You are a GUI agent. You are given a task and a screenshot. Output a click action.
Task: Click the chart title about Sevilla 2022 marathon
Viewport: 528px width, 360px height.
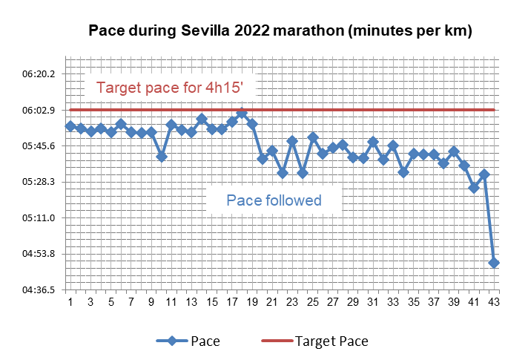point(280,32)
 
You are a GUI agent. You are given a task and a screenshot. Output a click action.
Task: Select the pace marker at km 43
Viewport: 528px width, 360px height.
point(494,263)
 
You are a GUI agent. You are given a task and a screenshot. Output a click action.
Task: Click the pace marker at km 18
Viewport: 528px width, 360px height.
point(242,114)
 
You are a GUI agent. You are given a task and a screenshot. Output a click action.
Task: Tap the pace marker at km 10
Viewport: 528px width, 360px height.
point(161,157)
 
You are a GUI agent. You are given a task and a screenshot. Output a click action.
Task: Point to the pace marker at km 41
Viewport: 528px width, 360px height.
point(474,188)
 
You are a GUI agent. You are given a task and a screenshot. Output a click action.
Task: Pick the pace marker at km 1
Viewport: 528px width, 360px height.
point(70,126)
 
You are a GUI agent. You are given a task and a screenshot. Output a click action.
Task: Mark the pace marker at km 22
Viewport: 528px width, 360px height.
point(282,173)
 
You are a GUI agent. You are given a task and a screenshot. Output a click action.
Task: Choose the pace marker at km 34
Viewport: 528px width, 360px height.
point(403,172)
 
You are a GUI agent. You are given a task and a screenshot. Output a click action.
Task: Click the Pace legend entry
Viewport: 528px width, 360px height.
point(188,341)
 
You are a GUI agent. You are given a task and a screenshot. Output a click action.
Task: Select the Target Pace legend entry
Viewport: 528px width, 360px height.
point(316,341)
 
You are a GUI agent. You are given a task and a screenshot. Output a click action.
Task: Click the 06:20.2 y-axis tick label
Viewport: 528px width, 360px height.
point(39,74)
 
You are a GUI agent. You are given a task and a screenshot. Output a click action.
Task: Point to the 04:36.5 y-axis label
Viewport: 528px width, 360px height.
point(39,289)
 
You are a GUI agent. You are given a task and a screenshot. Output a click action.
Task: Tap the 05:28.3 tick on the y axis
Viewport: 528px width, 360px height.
point(39,182)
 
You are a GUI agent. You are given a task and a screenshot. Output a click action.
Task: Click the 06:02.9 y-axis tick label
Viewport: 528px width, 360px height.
point(39,111)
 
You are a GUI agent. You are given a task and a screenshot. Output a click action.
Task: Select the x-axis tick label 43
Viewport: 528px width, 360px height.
point(494,301)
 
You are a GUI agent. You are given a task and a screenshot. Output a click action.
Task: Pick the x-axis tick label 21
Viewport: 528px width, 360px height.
point(272,301)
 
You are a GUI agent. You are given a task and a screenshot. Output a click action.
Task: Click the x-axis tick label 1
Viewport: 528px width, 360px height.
point(70,301)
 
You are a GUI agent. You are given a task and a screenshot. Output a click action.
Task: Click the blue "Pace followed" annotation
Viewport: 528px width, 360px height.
point(274,200)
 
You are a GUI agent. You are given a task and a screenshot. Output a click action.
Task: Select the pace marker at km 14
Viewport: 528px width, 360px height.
point(201,119)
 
